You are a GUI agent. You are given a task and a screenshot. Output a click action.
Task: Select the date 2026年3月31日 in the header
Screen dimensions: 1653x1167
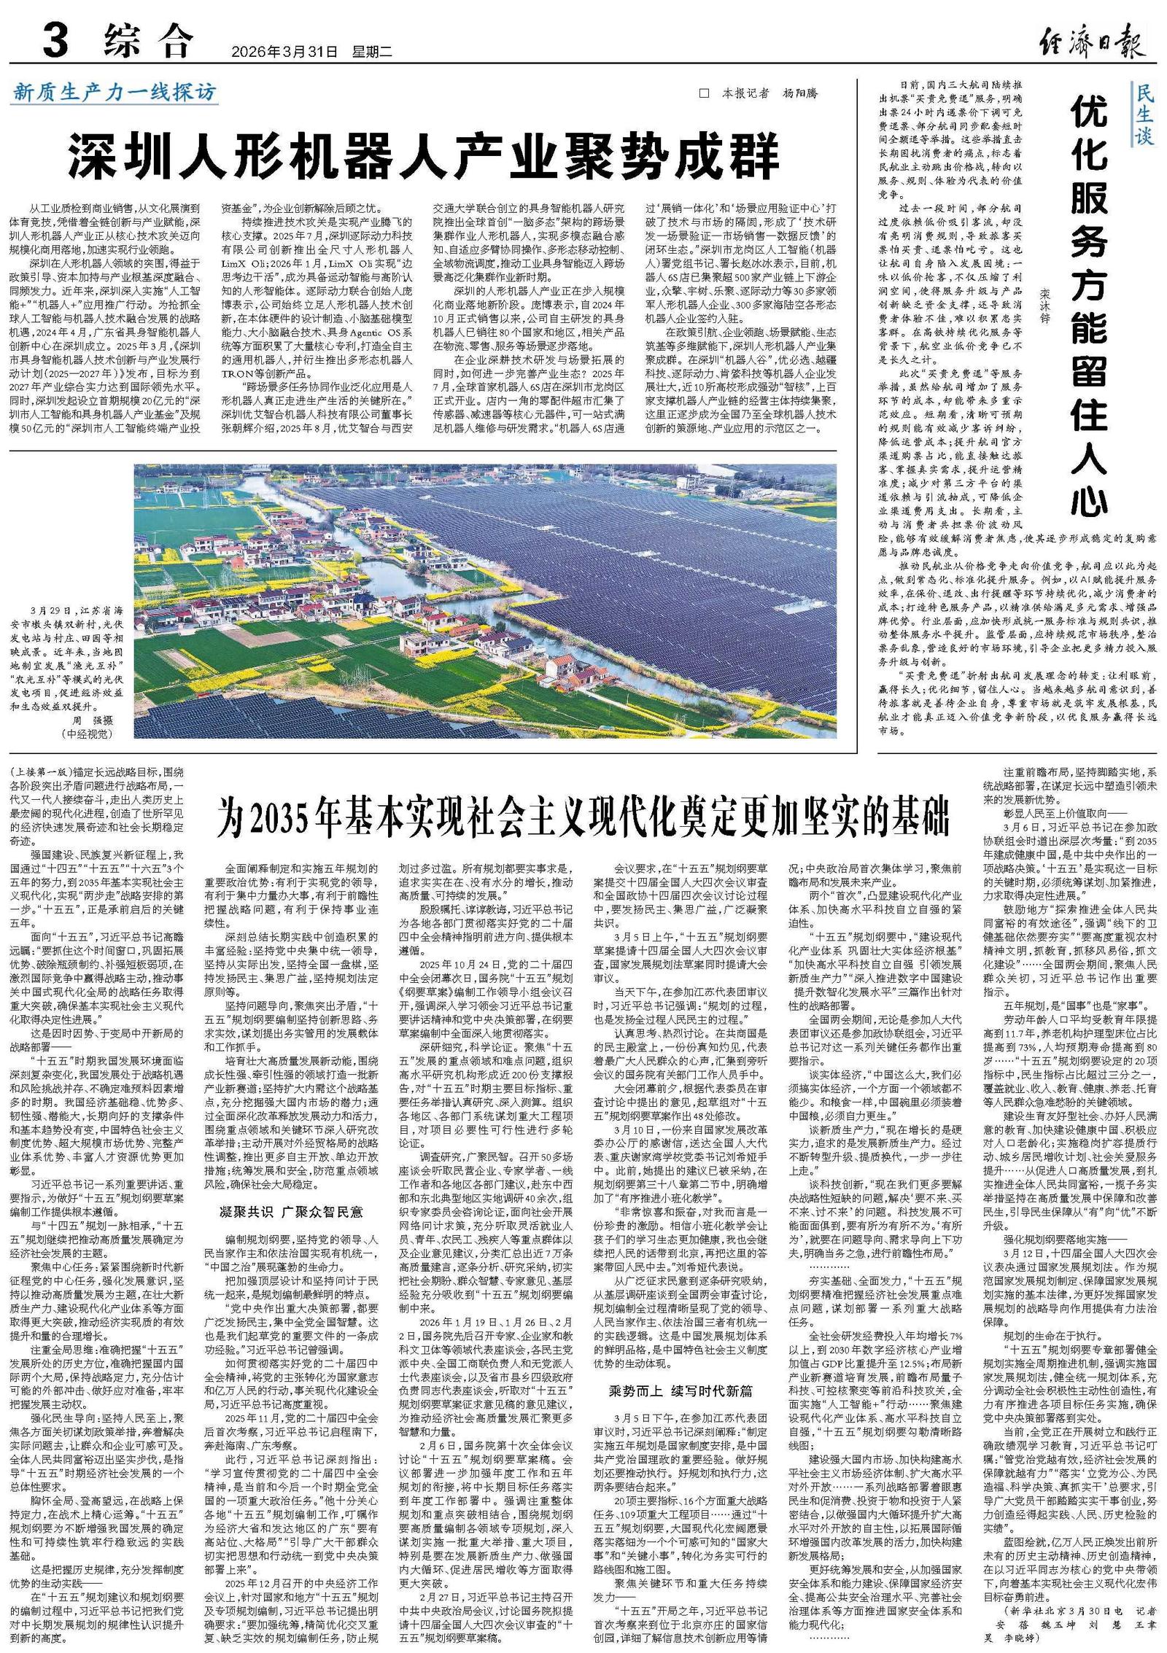click(x=285, y=52)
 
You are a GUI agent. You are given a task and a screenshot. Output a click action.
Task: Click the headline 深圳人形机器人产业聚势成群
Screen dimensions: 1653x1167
click(x=424, y=152)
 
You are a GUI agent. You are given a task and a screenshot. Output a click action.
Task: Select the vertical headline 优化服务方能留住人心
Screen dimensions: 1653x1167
click(x=1090, y=306)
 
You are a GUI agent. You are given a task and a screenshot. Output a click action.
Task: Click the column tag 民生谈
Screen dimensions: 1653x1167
click(x=1144, y=114)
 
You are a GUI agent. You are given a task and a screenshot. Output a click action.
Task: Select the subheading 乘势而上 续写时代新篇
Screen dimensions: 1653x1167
click(x=680, y=1350)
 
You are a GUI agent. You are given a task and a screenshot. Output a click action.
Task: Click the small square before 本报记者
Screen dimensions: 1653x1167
click(x=704, y=94)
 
